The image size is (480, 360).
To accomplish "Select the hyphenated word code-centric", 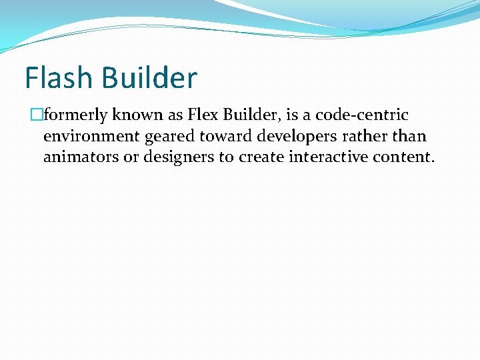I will (x=361, y=115).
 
